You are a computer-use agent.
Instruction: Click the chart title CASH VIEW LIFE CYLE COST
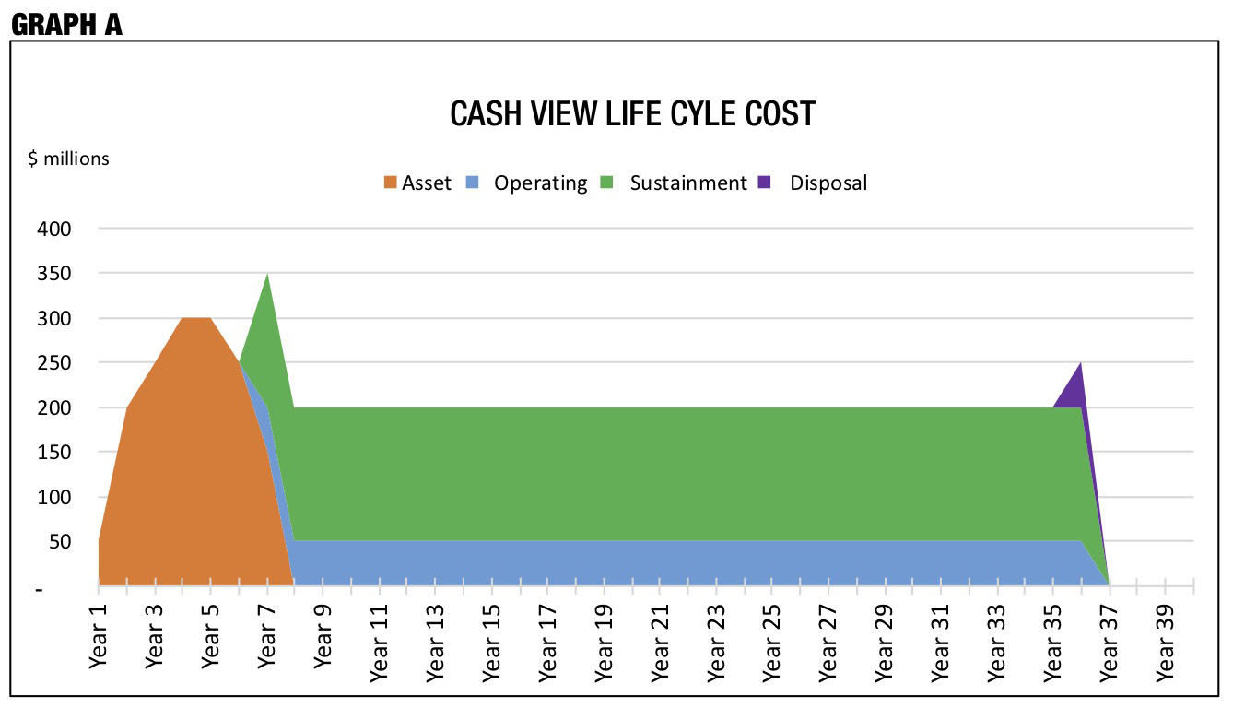pos(632,114)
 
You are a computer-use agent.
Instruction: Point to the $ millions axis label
pos(68,159)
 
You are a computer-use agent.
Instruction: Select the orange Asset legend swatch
pos(391,183)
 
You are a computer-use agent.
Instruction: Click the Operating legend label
pos(540,183)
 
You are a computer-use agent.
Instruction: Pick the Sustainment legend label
pos(688,183)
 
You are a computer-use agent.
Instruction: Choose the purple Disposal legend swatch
pos(764,183)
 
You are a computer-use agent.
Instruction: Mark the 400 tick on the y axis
pos(54,229)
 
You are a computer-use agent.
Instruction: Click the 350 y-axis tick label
pos(54,274)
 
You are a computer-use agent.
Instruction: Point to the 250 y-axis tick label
pos(54,363)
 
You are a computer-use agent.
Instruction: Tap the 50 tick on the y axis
pos(59,542)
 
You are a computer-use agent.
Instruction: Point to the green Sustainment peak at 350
pos(266,304)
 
